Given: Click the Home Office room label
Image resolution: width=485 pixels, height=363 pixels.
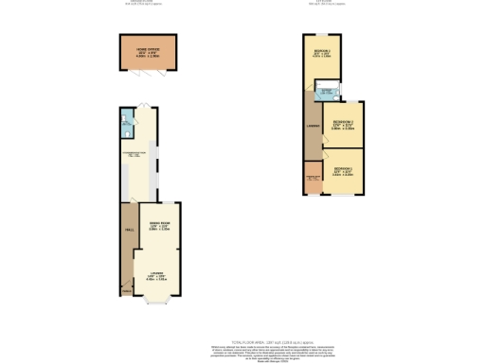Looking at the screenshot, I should [x=145, y=51].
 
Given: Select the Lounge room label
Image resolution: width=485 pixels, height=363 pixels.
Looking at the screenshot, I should [x=156, y=276].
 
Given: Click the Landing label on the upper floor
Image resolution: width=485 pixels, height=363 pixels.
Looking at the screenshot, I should [x=311, y=126].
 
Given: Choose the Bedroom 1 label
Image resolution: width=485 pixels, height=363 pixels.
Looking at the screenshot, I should [x=342, y=170].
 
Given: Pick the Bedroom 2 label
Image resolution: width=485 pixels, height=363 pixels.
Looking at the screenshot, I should [x=321, y=54].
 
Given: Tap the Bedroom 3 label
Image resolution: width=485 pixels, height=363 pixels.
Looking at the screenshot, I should [x=343, y=124].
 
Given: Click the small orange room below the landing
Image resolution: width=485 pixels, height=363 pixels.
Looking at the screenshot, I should [x=313, y=181].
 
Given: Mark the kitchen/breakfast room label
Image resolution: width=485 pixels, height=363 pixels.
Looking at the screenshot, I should [x=136, y=154].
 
